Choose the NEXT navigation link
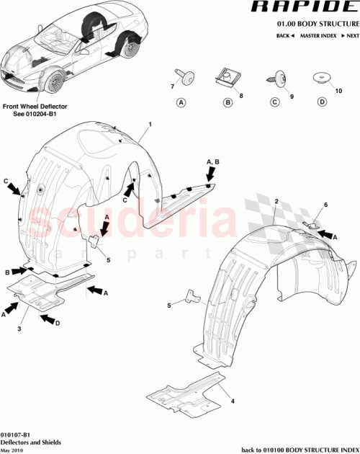point(351,35)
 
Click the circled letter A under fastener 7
point(181,103)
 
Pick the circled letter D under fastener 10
point(320,103)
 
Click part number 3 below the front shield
point(19,329)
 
